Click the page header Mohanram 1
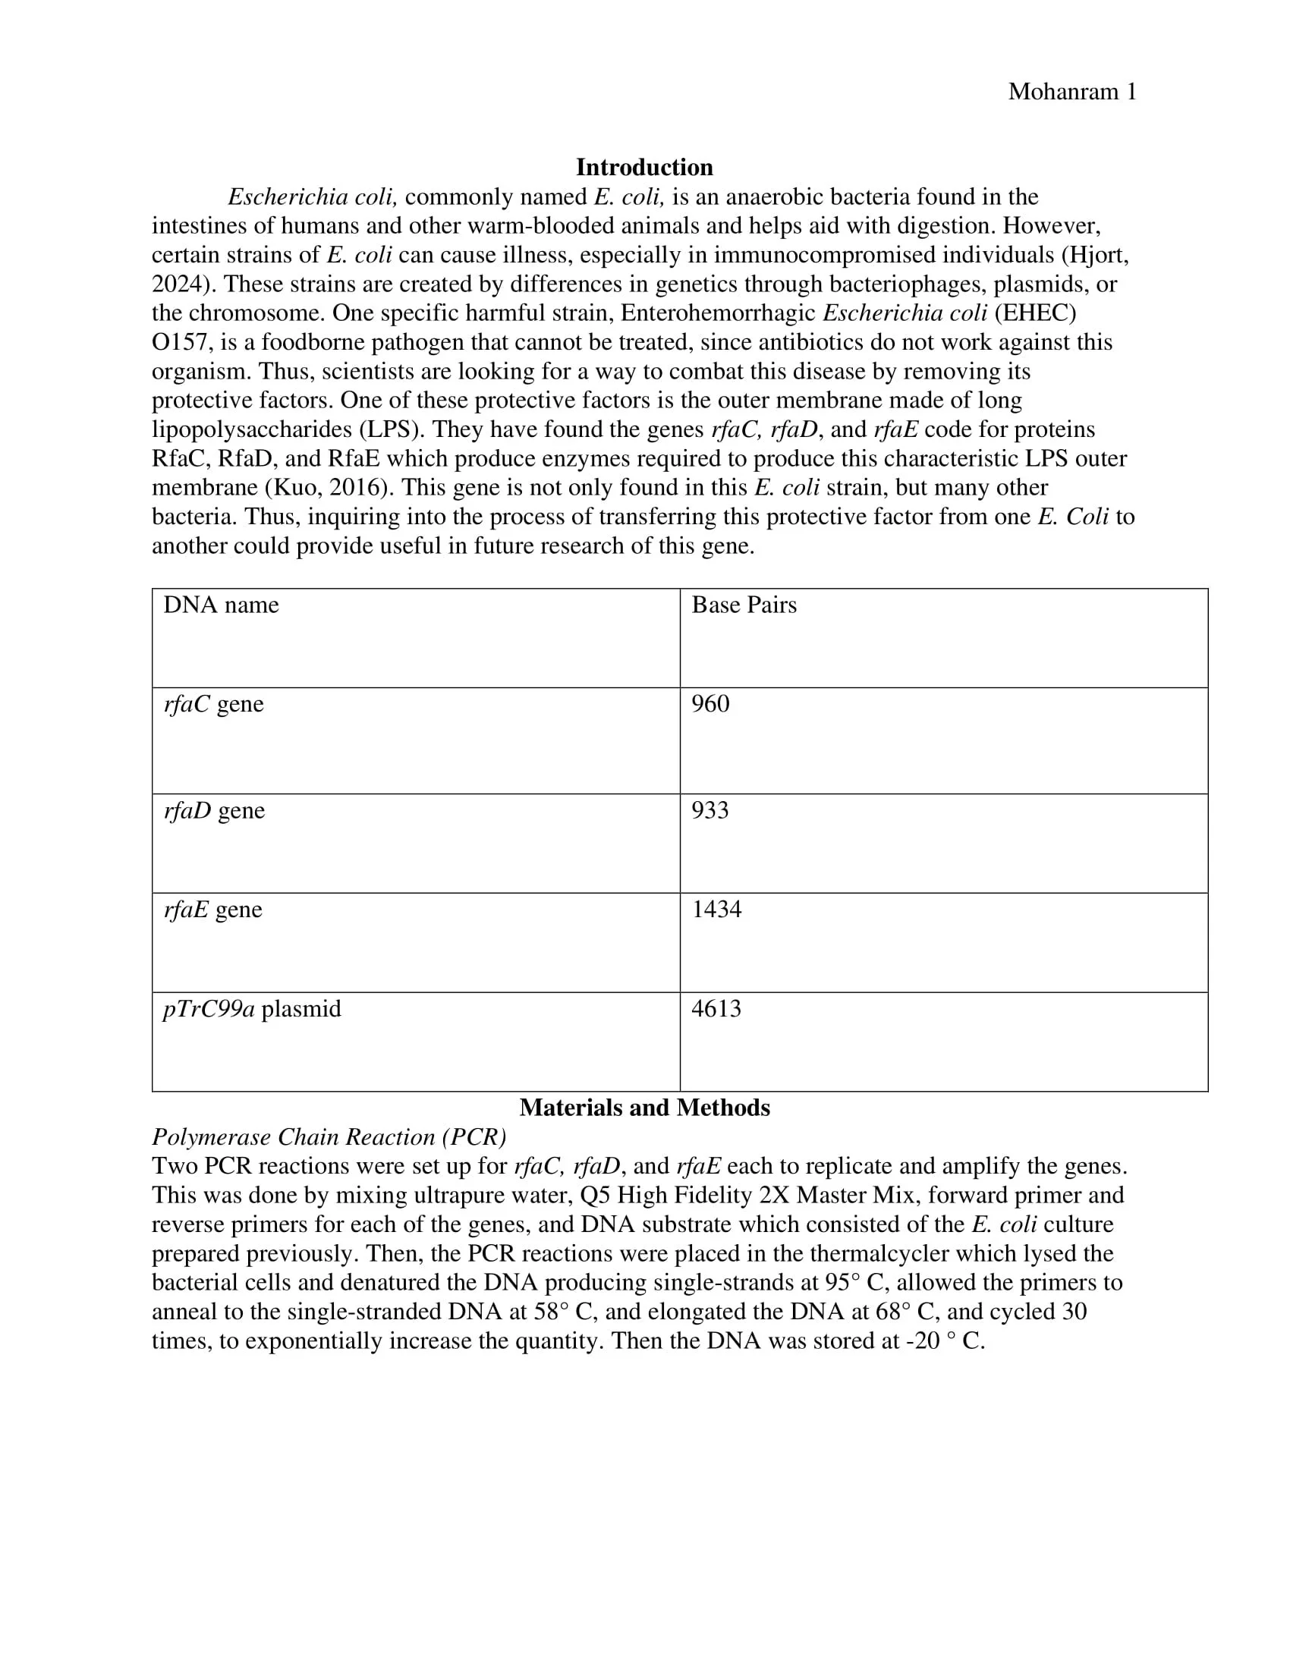(x=1071, y=92)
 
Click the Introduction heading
(x=644, y=168)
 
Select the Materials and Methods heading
(x=644, y=1108)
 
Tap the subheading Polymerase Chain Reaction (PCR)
(x=329, y=1137)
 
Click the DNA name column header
(x=221, y=605)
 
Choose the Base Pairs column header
(x=744, y=605)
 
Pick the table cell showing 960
(x=710, y=704)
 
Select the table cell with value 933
(x=710, y=810)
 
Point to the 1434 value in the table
(x=716, y=910)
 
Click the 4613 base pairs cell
(x=716, y=1009)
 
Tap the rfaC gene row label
(x=213, y=704)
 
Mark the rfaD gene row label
(x=214, y=810)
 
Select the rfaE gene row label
(x=212, y=910)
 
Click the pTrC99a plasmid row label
(x=252, y=1009)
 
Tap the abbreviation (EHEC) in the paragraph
(x=1035, y=313)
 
